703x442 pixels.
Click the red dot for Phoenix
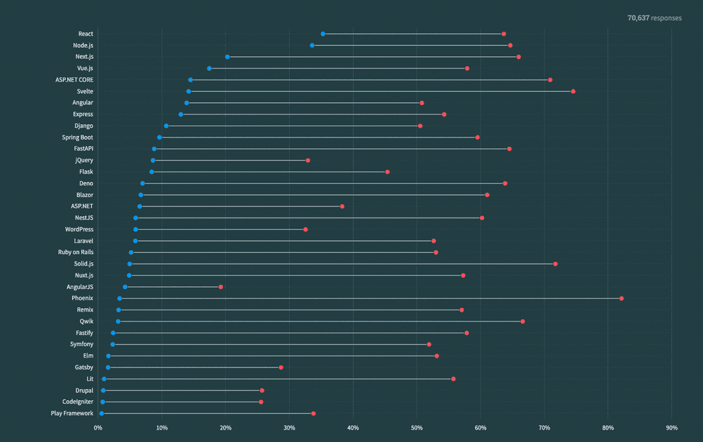(x=621, y=299)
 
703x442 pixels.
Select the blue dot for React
(x=323, y=34)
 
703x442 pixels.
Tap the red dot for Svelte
(x=573, y=91)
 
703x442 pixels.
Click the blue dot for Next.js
(x=227, y=57)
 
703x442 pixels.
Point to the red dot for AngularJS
(x=220, y=287)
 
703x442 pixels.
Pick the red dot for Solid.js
(x=555, y=264)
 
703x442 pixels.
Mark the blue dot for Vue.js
(x=209, y=69)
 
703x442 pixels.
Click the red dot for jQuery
(x=308, y=161)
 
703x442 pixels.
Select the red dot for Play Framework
(x=313, y=414)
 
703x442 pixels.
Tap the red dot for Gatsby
(x=281, y=368)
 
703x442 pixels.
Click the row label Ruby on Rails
(x=76, y=253)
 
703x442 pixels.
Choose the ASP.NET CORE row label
(x=74, y=80)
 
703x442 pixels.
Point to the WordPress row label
(x=79, y=229)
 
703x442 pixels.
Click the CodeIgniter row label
(x=78, y=402)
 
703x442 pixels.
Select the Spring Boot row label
(x=77, y=137)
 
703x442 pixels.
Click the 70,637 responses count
(x=654, y=18)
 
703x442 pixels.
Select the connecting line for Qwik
(x=320, y=322)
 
